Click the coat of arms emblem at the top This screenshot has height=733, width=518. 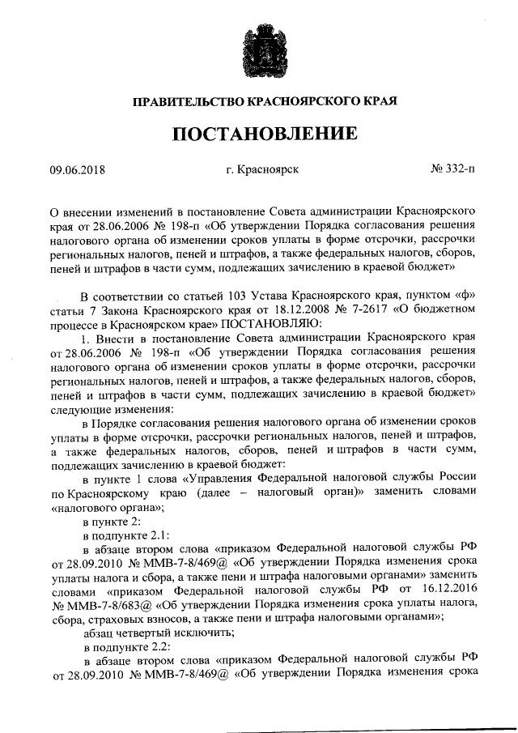[x=260, y=50]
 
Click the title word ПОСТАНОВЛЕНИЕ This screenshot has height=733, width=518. [x=259, y=133]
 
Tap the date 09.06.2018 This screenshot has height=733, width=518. [x=78, y=170]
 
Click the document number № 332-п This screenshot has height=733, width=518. [x=453, y=170]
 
